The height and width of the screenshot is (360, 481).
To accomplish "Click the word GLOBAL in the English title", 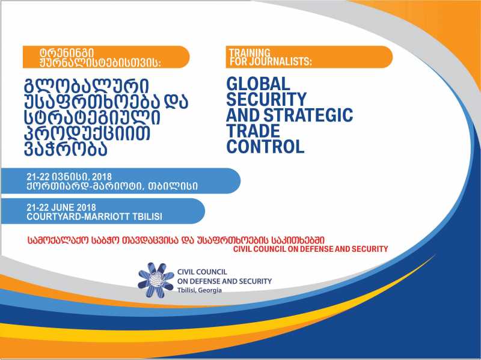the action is (x=258, y=84).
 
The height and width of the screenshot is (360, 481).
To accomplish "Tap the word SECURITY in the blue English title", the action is (x=266, y=99).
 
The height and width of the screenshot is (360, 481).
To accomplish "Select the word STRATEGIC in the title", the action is (x=308, y=115).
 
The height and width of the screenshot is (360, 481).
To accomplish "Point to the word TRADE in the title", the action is (x=253, y=130).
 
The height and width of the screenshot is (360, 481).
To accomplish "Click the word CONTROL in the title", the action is (x=265, y=146).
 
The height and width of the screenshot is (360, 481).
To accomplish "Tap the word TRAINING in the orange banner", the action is (x=250, y=52).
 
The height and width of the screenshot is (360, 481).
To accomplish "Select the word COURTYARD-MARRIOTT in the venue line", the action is (x=79, y=216).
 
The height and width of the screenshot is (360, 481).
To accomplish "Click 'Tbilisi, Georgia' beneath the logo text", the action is (x=200, y=290).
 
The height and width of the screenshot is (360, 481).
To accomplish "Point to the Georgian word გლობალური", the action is (x=87, y=87).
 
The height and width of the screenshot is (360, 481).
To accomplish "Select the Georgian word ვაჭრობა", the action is (x=66, y=148).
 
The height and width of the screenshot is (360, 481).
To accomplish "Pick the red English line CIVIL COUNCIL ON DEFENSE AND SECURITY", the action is (x=310, y=249).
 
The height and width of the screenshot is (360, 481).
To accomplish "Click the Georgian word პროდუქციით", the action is (x=87, y=133).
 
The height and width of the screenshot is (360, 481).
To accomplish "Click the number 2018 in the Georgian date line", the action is (x=102, y=177).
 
